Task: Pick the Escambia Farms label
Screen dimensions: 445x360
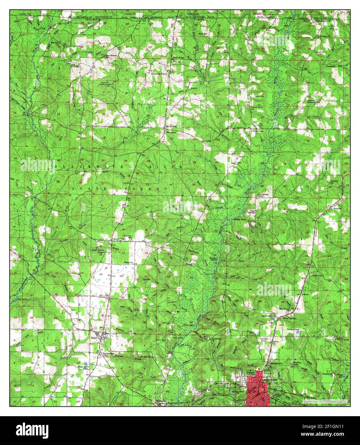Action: point(160,73)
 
